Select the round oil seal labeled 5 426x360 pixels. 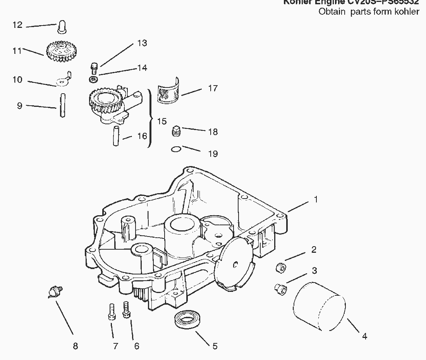click(x=187, y=320)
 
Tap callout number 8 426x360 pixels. click(x=75, y=346)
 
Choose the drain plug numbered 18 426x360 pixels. click(x=176, y=131)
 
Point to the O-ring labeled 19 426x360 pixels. click(x=175, y=149)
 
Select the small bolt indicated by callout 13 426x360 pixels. click(x=93, y=68)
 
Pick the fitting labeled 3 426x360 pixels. click(x=279, y=287)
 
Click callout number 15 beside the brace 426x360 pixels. click(x=162, y=121)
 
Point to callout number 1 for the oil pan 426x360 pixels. click(x=316, y=199)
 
